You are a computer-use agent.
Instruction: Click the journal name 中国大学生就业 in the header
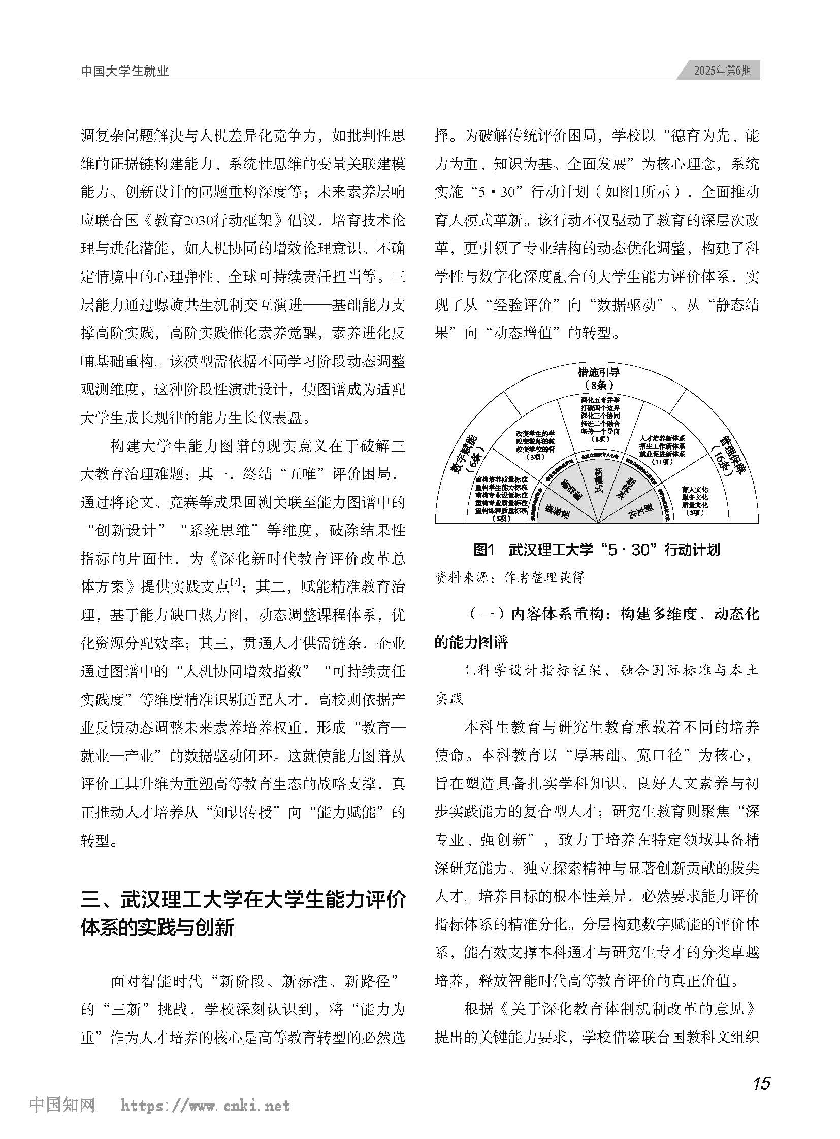click(125, 72)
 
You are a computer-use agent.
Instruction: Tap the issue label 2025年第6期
click(722, 71)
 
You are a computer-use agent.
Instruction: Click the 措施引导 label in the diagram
click(598, 372)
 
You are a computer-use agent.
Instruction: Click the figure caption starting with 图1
click(596, 549)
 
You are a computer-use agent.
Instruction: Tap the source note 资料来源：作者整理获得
click(510, 578)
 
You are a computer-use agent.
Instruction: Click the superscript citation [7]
click(235, 582)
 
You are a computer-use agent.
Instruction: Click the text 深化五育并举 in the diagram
click(600, 400)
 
